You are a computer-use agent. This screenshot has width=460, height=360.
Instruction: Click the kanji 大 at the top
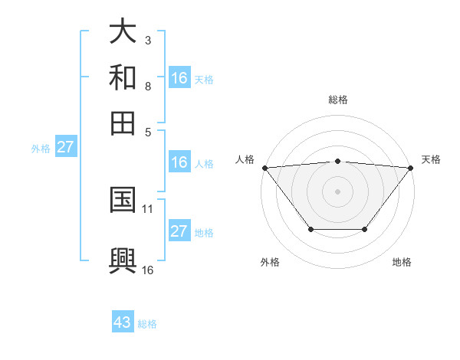click(123, 31)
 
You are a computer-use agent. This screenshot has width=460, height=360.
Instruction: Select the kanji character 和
click(123, 77)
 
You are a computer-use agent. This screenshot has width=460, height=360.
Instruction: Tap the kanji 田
click(123, 122)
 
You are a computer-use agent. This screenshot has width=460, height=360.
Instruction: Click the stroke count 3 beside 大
click(148, 40)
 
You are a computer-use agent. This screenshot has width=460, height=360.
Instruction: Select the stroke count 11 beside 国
click(148, 208)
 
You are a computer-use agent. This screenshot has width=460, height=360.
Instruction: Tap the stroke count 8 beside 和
click(148, 86)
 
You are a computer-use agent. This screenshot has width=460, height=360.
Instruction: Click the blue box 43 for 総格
click(123, 322)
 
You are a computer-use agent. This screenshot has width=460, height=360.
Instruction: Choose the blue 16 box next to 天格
click(179, 78)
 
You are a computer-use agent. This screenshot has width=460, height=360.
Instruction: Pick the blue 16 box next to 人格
click(179, 162)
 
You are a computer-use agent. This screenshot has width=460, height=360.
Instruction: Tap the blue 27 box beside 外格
click(65, 147)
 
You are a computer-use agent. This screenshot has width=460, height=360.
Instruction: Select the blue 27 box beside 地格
click(179, 231)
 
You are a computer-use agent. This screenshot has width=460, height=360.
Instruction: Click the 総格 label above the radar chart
click(337, 100)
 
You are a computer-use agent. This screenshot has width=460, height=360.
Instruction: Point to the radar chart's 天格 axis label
click(431, 159)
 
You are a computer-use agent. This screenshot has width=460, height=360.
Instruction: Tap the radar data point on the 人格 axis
click(264, 167)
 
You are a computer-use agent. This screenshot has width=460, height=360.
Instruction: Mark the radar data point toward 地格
click(365, 229)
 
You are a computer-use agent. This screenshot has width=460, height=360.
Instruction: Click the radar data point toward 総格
click(337, 161)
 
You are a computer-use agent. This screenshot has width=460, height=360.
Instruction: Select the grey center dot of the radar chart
click(337, 191)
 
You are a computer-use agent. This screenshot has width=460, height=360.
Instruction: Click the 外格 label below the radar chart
click(270, 263)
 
